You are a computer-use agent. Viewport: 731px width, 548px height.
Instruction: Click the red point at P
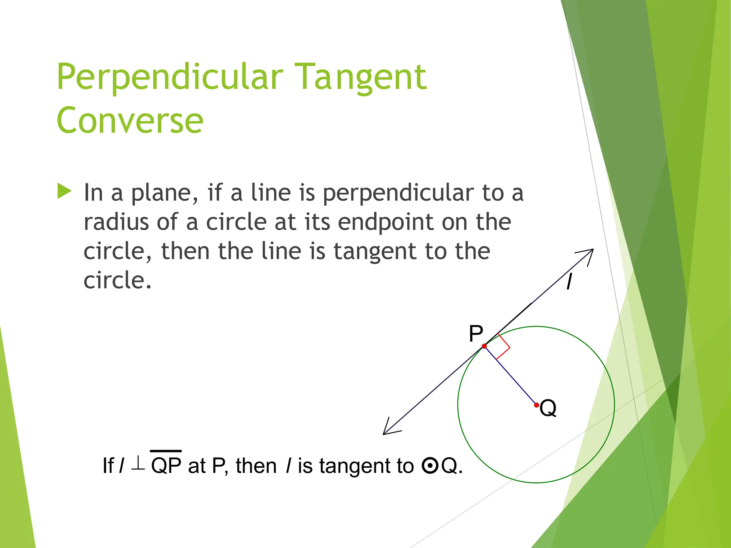pos(484,346)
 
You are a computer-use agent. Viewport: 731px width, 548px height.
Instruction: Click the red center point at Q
pos(536,405)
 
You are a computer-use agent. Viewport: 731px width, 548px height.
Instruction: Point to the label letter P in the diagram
pos(476,334)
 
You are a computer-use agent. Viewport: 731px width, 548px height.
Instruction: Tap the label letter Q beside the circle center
pos(548,408)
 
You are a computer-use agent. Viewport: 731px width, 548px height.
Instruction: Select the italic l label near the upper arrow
pos(569,282)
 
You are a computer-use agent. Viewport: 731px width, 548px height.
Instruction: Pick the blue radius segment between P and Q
pos(510,376)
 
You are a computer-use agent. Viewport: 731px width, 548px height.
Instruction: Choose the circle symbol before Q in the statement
pos(430,466)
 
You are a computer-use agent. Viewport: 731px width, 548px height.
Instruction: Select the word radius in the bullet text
pos(116,222)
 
